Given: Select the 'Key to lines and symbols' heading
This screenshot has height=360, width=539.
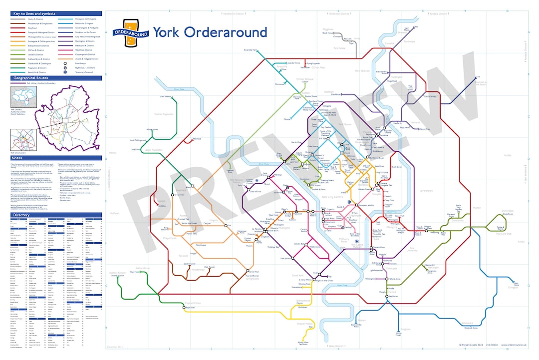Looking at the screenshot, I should [34, 13].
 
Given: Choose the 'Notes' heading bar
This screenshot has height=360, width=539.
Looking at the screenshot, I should [17, 158].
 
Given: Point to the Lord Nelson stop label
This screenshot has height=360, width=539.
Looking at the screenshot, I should [166, 96].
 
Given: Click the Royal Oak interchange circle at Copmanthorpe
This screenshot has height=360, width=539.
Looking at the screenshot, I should [186, 308].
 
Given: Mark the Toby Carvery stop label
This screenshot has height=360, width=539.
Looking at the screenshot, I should [430, 96].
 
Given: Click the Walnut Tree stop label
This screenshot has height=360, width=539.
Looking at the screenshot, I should [425, 129].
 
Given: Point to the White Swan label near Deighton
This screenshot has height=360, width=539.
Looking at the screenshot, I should [399, 334].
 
